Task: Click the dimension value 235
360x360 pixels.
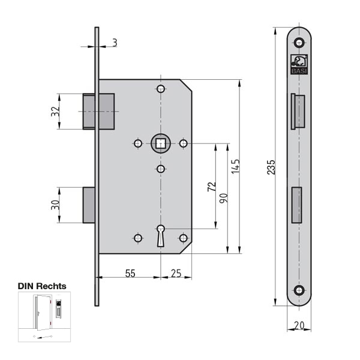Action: pos(271,167)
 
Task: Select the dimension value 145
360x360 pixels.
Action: pos(235,166)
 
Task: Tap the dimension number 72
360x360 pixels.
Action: pos(212,187)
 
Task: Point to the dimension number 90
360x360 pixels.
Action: pos(224,198)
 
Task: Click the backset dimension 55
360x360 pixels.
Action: pos(130,274)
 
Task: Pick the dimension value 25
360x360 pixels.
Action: pos(176,274)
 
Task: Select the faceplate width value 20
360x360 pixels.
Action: pos(299,325)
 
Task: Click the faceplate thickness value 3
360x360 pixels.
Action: pos(115,43)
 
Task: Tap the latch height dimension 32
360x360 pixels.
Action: pos(55,112)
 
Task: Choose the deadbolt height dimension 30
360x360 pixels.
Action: pos(55,205)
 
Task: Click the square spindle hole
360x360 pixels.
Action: pos(160,144)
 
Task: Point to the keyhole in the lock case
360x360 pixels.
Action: pos(161,236)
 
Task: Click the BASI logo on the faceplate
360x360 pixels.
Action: pos(299,65)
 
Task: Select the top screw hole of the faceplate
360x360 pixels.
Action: pos(299,43)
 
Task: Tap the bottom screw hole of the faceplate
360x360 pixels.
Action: pos(299,290)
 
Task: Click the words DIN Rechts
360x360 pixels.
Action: pos(42,286)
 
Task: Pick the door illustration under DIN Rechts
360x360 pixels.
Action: pos(42,313)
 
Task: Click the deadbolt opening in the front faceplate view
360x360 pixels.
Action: pos(296,205)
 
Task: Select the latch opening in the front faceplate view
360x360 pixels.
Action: pos(298,112)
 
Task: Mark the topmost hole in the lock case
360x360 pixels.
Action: pos(161,89)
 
